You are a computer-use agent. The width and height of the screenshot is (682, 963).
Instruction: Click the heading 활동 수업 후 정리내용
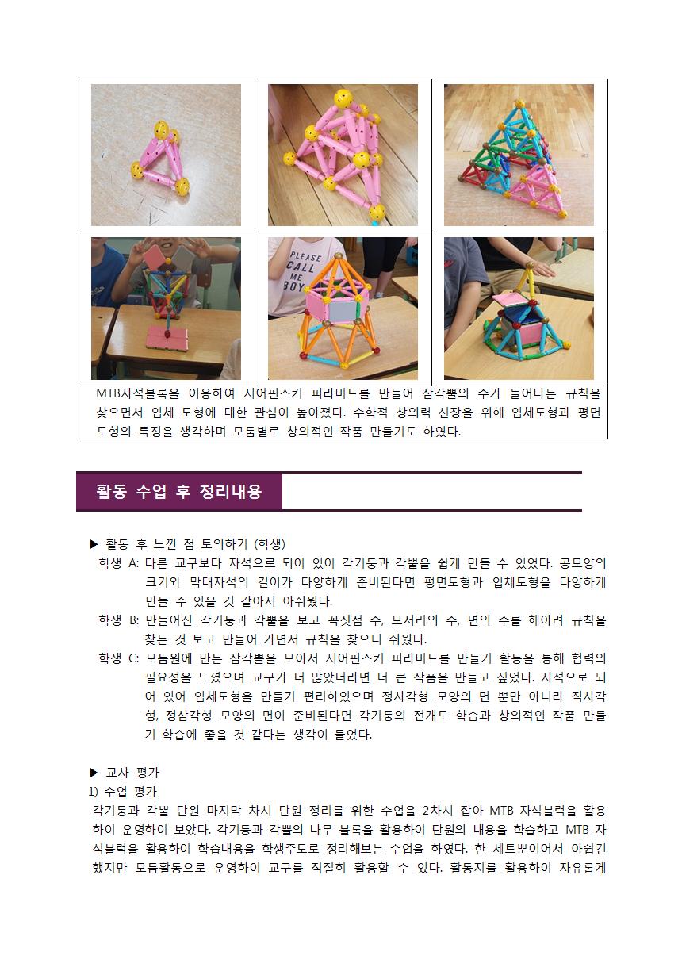(178, 491)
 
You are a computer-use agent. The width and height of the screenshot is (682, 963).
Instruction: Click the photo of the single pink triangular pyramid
(166, 155)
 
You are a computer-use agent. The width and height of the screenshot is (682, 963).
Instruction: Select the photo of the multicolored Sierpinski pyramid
(519, 155)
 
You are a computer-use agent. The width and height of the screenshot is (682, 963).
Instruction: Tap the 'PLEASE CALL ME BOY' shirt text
(303, 270)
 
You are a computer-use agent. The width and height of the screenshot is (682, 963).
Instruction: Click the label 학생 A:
(119, 562)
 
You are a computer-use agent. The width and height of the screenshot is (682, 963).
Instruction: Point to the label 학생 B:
(119, 620)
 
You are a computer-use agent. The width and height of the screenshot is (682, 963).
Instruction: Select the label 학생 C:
(119, 658)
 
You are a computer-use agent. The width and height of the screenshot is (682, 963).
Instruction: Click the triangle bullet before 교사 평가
(94, 773)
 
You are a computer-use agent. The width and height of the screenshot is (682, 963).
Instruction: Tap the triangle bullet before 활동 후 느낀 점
(94, 544)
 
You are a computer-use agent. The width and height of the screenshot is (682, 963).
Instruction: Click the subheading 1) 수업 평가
(123, 792)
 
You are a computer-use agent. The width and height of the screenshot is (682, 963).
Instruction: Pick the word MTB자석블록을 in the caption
(137, 393)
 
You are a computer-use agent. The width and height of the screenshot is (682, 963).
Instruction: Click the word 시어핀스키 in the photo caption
(274, 393)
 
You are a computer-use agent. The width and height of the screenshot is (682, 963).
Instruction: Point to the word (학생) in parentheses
(270, 544)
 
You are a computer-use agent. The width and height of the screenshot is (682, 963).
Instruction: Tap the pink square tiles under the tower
(167, 338)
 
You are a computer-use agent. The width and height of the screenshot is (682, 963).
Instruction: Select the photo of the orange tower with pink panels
(343, 309)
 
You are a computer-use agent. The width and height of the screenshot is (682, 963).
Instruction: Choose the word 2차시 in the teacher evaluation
(438, 811)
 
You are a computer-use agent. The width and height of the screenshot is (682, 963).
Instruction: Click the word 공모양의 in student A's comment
(583, 562)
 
